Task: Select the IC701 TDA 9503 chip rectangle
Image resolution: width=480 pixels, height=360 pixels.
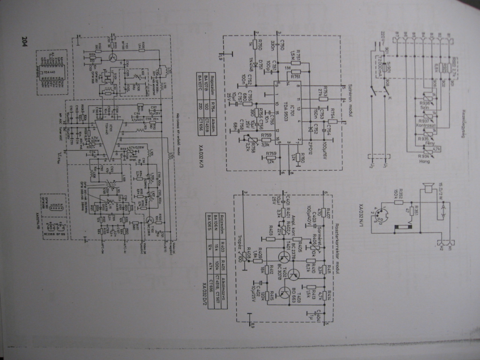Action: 287,112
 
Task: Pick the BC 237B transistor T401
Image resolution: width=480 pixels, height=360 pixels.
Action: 284,257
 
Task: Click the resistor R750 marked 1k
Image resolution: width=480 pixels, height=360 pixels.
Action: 256,45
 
